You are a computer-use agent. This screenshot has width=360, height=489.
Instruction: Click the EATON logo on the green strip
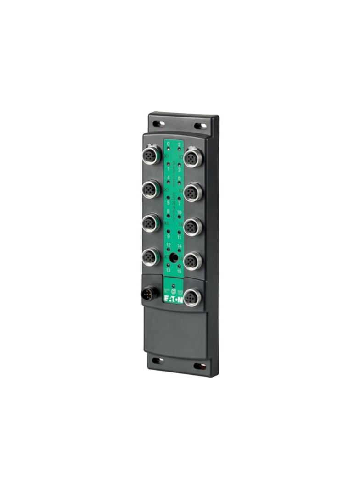tap(174, 300)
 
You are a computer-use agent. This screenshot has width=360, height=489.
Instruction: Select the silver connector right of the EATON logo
tap(192, 297)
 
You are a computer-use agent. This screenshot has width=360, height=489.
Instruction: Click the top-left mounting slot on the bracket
tap(159, 123)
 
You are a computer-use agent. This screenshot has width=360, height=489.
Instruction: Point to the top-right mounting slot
tap(200, 126)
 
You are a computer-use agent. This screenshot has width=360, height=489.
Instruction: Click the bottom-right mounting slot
tap(200, 366)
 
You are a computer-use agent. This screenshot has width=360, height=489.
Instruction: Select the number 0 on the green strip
tap(168, 144)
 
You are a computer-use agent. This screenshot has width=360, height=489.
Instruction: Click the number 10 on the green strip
tap(179, 212)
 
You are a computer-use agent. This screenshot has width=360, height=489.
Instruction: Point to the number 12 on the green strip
tap(169, 245)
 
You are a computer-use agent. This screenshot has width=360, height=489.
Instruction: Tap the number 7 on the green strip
tap(179, 203)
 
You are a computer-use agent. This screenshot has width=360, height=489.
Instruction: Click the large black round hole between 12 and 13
tap(174, 258)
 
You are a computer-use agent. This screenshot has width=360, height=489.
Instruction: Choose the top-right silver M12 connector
tap(192, 157)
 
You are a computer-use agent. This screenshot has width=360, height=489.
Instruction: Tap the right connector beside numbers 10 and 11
tap(192, 226)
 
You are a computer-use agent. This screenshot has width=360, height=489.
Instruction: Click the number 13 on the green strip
tap(168, 271)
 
